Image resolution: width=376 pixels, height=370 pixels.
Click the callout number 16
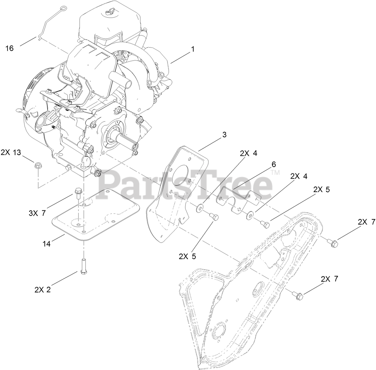tap(10, 48)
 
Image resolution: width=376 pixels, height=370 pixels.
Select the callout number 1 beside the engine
tap(193, 49)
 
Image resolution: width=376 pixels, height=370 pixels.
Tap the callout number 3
tap(224, 135)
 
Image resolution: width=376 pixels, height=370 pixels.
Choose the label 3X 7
tap(37, 213)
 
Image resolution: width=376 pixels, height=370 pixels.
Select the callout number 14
tap(46, 244)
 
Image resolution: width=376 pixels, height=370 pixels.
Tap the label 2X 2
tap(42, 290)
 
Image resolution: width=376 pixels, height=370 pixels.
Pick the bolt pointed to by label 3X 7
tap(78, 193)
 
